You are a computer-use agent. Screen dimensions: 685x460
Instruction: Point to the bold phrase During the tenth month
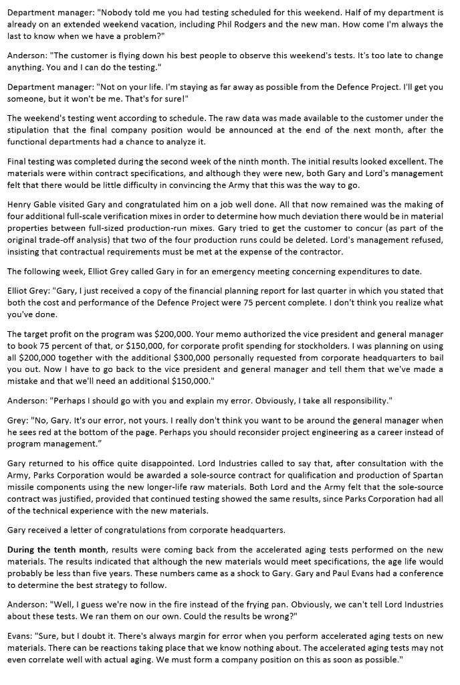[57, 550]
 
